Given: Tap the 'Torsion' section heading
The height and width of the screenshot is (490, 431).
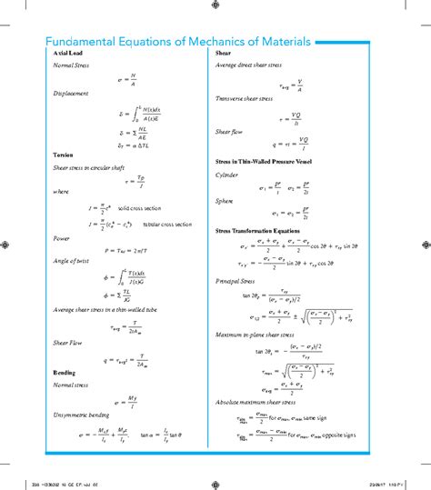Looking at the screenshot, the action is coord(64,155).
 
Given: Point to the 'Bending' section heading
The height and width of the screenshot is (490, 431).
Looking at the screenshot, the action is coord(65,373).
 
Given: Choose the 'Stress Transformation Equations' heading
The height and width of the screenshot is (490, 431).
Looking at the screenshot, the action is coord(258,232).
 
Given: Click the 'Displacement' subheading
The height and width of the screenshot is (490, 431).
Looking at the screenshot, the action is coord(71,93).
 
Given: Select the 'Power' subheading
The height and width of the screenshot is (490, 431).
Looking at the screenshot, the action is coord(62,238).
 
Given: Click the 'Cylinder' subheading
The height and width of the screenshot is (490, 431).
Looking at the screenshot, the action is coord(227,174).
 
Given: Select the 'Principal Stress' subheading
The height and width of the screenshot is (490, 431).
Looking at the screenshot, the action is coord(236,281).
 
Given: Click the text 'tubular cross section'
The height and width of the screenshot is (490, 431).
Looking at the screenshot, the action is coord(168,224).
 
